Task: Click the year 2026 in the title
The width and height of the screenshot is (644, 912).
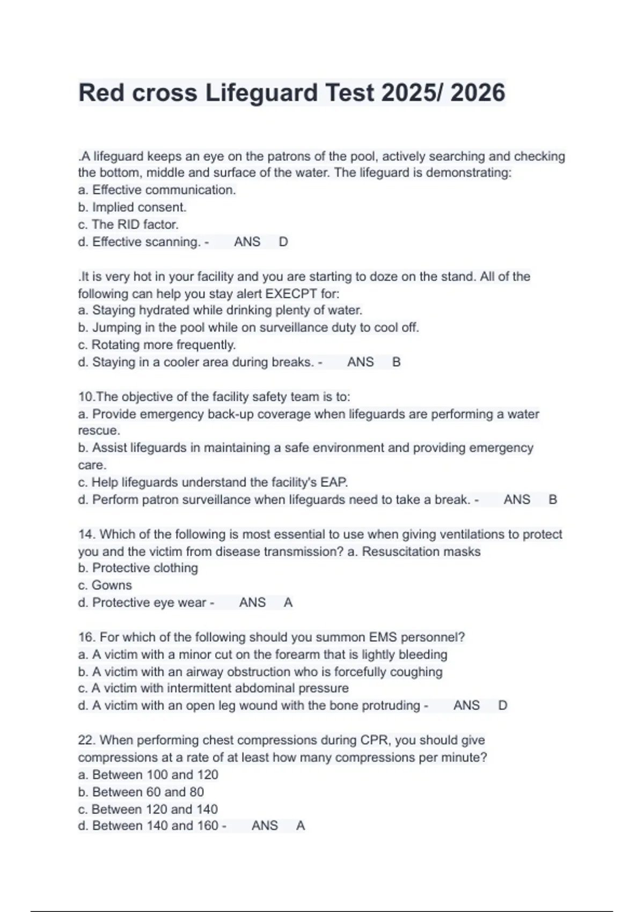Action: [478, 93]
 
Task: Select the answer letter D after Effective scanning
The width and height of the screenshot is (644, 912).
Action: [283, 242]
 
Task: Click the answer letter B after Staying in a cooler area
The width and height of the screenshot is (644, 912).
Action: [397, 362]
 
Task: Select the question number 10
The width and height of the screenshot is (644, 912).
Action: [85, 397]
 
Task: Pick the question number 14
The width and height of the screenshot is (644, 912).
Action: [86, 534]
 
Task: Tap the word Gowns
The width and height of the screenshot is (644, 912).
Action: [112, 585]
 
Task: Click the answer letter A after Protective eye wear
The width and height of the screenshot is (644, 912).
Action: [288, 602]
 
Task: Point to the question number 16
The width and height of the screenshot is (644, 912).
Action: [86, 637]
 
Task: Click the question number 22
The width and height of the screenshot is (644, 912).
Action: [86, 740]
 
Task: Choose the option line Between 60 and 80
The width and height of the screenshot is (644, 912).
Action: [141, 792]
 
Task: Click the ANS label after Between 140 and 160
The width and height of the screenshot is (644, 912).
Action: [265, 826]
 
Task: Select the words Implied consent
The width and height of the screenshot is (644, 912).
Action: [139, 207]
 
